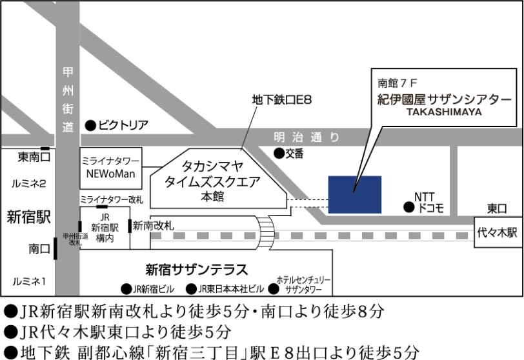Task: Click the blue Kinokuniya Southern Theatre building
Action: (x=354, y=194)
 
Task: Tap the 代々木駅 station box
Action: (x=497, y=233)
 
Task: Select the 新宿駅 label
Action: (x=28, y=216)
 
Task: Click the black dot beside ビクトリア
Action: (x=91, y=125)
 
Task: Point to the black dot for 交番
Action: (x=278, y=154)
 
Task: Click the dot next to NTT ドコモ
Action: (x=408, y=207)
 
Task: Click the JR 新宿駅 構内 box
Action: (x=104, y=228)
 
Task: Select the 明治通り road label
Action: (x=305, y=137)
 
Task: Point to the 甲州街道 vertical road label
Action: (x=68, y=99)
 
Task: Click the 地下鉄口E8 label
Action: (x=282, y=100)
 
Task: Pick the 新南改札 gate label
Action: (x=153, y=226)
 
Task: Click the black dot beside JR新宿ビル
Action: (x=126, y=288)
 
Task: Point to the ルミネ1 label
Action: (x=28, y=280)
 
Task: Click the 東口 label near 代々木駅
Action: (x=497, y=208)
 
